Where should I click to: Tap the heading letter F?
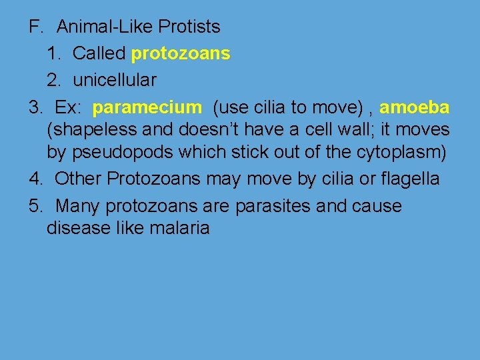click(35, 27)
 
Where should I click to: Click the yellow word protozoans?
click(181, 53)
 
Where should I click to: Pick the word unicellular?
click(115, 80)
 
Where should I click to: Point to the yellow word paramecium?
click(147, 107)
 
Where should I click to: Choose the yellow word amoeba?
click(414, 107)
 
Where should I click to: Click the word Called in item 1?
click(99, 53)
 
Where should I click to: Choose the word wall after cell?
click(347, 129)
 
